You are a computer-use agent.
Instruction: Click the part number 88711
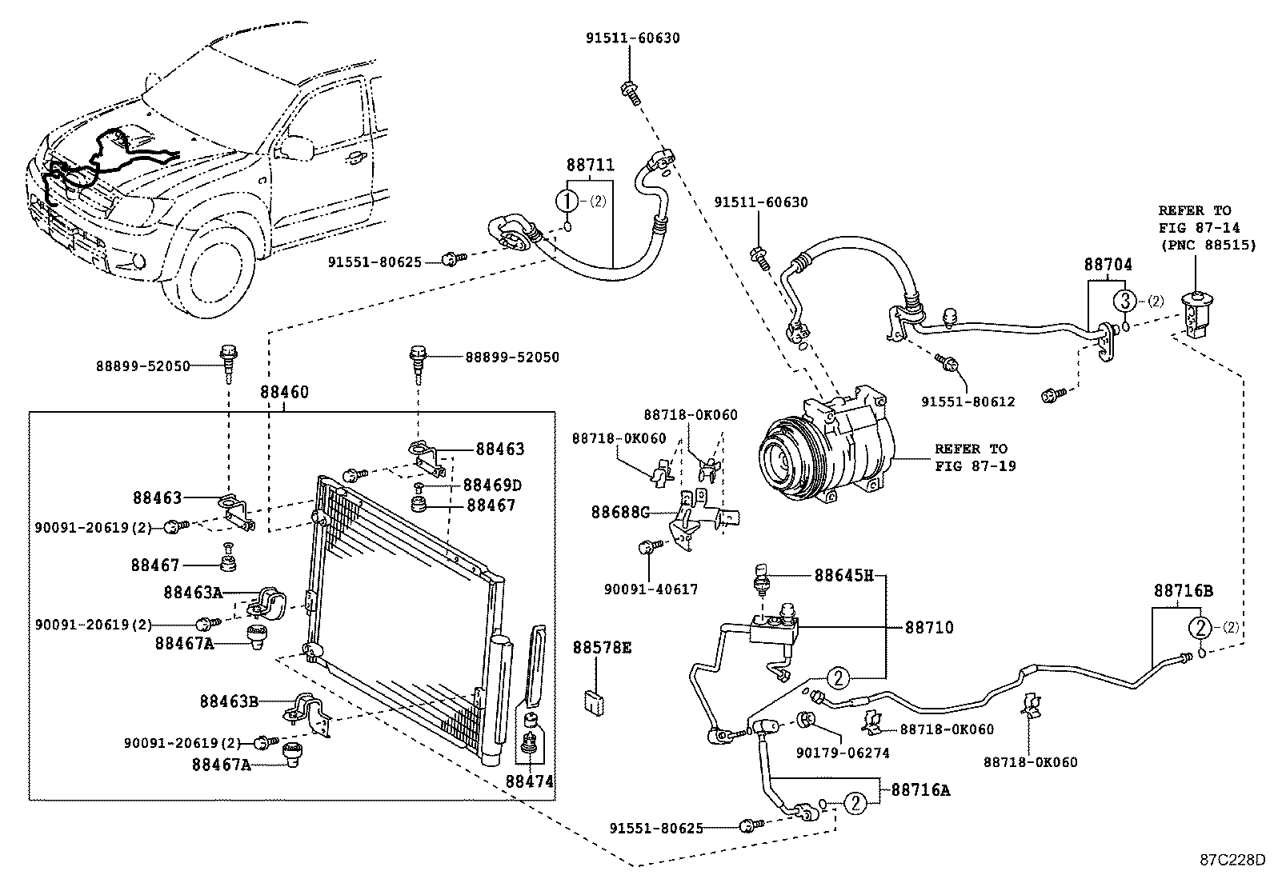click(591, 165)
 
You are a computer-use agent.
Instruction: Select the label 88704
click(1108, 265)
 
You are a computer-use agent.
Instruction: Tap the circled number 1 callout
click(567, 201)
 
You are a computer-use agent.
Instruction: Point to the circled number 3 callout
click(1124, 301)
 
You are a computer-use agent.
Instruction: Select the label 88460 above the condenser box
click(284, 392)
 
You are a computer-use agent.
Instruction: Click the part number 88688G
click(620, 512)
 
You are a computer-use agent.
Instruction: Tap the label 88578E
click(603, 648)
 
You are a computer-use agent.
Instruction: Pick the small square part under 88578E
click(595, 703)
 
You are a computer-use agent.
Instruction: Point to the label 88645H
click(844, 575)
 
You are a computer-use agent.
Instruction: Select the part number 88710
click(929, 627)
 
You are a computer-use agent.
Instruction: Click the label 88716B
click(1184, 591)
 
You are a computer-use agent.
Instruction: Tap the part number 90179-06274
click(843, 753)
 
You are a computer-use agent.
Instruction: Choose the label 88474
click(530, 781)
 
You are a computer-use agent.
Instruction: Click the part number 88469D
click(492, 485)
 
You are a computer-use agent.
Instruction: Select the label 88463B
click(229, 701)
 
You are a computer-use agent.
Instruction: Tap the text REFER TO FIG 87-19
click(976, 457)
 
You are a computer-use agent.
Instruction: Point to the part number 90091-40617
click(651, 589)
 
